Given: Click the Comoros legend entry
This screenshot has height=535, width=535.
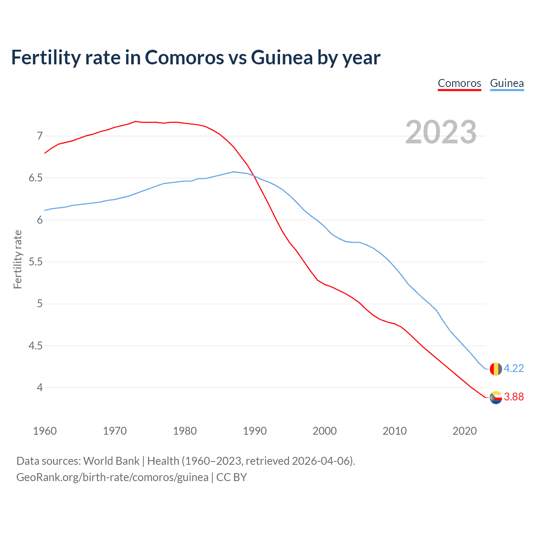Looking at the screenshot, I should click(x=459, y=83).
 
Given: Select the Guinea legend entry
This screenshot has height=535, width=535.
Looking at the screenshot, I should click(x=507, y=83).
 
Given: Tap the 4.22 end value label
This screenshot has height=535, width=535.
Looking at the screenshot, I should click(x=514, y=368).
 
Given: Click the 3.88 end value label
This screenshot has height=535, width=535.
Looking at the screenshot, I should click(x=514, y=397).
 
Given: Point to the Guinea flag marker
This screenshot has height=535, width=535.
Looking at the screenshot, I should click(x=495, y=369).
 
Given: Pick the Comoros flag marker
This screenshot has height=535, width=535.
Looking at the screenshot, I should click(x=495, y=397).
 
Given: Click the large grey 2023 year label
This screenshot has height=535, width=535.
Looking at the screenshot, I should click(x=441, y=132).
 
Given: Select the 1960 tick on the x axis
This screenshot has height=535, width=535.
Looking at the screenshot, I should click(x=45, y=431).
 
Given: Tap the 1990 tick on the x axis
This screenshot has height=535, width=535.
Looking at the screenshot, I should click(x=255, y=431).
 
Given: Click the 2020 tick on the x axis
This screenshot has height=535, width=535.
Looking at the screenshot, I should click(x=464, y=431).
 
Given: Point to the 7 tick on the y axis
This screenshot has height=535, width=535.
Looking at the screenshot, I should click(x=40, y=136).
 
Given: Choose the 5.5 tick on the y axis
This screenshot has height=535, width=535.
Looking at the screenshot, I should click(x=36, y=262).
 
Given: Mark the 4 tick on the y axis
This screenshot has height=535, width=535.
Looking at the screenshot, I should click(x=40, y=388).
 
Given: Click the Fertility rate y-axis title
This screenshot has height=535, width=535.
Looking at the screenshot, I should click(x=18, y=259).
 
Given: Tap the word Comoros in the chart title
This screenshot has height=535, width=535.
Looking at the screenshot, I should click(x=184, y=58).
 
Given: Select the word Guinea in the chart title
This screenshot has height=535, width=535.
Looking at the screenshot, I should click(x=282, y=58).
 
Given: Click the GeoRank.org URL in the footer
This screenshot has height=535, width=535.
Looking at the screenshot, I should click(x=112, y=477).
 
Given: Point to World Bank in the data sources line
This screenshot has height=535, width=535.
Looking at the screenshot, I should click(x=111, y=461).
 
